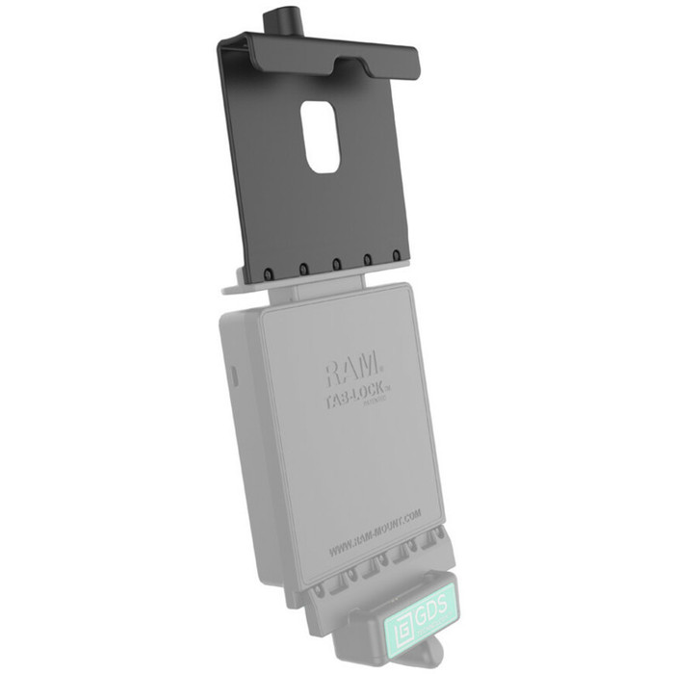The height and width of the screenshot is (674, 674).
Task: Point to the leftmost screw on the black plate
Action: pos(272,274)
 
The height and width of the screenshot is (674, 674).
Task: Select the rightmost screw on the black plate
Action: pos(396,257)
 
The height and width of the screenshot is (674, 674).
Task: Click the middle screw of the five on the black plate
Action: pos(335,266)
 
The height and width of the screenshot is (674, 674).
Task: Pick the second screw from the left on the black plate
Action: pos(302,271)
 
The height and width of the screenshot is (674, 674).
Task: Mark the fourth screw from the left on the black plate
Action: pos(367,261)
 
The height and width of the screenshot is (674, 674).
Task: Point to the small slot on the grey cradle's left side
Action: pos(231,374)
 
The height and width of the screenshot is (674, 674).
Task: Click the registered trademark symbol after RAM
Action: pos(382,367)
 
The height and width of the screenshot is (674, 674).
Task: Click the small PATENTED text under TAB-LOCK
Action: pos(377,404)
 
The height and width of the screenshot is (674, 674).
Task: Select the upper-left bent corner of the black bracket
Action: pos(222,40)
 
